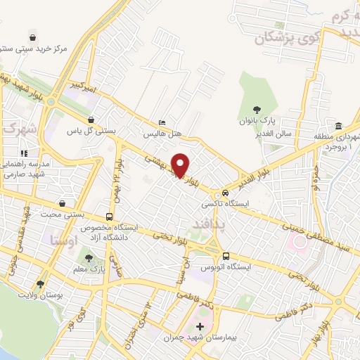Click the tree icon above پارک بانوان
coord(258,109)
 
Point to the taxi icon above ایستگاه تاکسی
coord(225,193)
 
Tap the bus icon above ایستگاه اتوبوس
coord(226,257)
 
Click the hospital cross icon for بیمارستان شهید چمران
coord(200,326)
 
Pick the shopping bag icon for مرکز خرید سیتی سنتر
coord(33,37)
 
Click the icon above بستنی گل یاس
coord(90,120)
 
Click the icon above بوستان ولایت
coord(40,285)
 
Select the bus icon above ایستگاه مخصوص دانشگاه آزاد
coord(109,217)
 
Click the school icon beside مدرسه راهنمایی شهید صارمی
coord(22,153)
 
